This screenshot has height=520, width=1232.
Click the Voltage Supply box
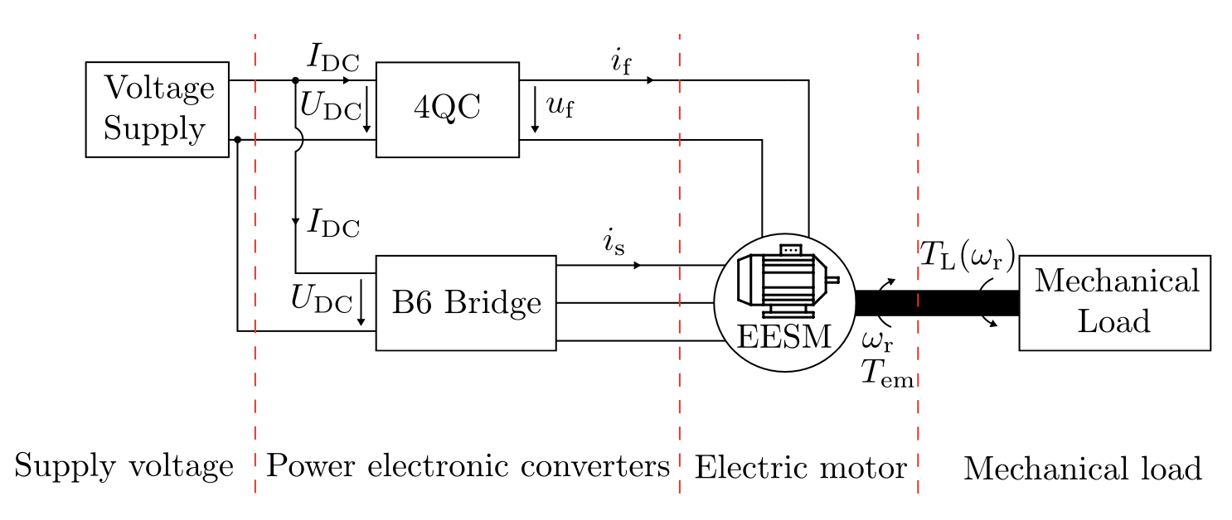pyautogui.click(x=158, y=108)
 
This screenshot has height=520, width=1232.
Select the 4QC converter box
pyautogui.click(x=448, y=108)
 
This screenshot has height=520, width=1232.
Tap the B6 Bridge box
pyautogui.click(x=466, y=303)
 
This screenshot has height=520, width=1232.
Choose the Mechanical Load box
pyautogui.click(x=1114, y=302)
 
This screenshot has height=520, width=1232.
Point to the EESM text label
pyautogui.click(x=783, y=337)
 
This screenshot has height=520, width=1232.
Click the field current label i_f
pyautogui.click(x=621, y=63)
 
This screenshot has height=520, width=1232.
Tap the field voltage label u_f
pyautogui.click(x=560, y=107)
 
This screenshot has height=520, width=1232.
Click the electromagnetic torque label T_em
pyautogui.click(x=886, y=374)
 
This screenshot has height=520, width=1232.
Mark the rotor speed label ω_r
pyautogui.click(x=877, y=339)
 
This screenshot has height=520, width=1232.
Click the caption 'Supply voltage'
pyautogui.click(x=124, y=468)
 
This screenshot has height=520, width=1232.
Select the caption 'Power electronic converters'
pyautogui.click(x=468, y=468)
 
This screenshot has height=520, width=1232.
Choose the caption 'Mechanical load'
pyautogui.click(x=1082, y=469)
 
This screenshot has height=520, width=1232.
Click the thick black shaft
pyautogui.click(x=937, y=303)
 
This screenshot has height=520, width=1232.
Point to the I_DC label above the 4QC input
pyautogui.click(x=333, y=57)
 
